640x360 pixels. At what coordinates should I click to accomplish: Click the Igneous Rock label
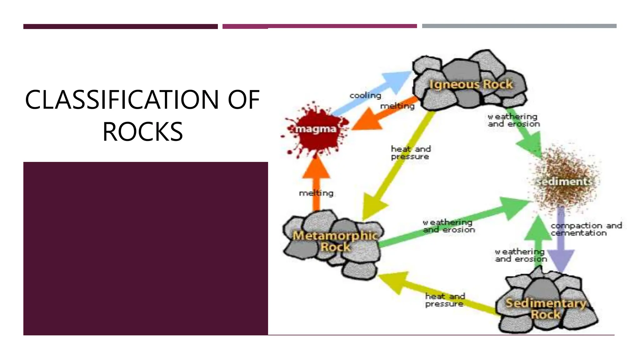pyautogui.click(x=471, y=84)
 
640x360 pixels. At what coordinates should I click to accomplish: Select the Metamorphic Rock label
pyautogui.click(x=335, y=241)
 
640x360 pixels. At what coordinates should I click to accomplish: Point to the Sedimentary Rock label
pyautogui.click(x=546, y=308)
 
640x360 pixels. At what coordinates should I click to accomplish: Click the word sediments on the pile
pyautogui.click(x=564, y=182)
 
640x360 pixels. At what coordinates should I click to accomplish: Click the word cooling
pyautogui.click(x=365, y=95)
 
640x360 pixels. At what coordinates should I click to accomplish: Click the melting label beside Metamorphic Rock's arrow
pyautogui.click(x=316, y=193)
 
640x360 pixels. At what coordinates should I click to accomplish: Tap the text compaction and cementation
pyautogui.click(x=586, y=229)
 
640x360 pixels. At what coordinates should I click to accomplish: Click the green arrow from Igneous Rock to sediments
pyautogui.click(x=525, y=131)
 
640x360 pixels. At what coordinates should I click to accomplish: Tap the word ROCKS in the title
pyautogui.click(x=142, y=132)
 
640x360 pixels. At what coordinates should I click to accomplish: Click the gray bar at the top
pyautogui.click(x=519, y=26)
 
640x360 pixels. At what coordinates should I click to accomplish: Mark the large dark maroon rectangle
pyautogui.click(x=146, y=248)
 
